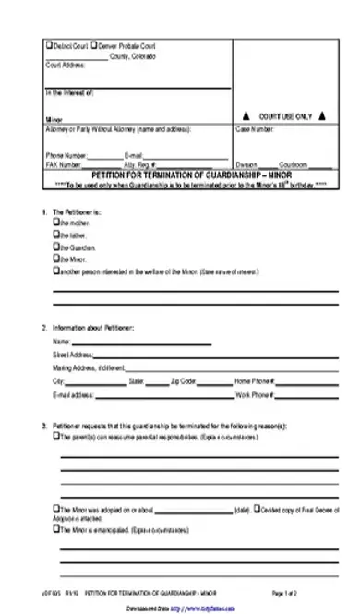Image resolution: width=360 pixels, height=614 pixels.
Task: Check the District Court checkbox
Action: [x=48, y=44]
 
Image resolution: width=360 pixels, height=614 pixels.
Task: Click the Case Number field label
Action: [x=254, y=129]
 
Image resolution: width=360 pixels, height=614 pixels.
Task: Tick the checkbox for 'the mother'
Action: [x=56, y=223]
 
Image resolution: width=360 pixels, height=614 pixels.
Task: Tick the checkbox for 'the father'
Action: [x=56, y=235]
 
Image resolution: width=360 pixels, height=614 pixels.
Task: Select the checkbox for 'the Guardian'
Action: [x=56, y=247]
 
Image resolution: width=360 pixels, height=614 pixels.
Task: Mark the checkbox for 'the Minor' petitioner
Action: [x=56, y=259]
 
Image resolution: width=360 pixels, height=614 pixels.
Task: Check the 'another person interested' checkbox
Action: [x=56, y=271]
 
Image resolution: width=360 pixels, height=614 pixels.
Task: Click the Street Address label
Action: [x=74, y=355]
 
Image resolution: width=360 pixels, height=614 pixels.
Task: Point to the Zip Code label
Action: [x=184, y=380]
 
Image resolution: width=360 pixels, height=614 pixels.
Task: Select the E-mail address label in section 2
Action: [x=74, y=394]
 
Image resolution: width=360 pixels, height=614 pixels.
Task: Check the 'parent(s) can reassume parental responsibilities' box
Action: [x=56, y=436]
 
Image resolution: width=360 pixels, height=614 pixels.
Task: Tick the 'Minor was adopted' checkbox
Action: [x=56, y=510]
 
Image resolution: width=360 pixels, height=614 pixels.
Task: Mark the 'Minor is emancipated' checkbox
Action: [x=56, y=531]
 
